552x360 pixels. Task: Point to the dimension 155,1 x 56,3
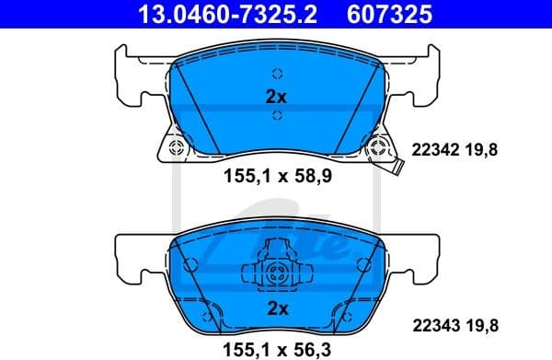pos(276,348)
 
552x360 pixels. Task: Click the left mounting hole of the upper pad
pos(176,147)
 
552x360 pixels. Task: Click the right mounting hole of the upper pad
pos(375,147)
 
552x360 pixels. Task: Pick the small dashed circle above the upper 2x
pos(275,75)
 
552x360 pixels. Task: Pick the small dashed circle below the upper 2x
pos(275,115)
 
